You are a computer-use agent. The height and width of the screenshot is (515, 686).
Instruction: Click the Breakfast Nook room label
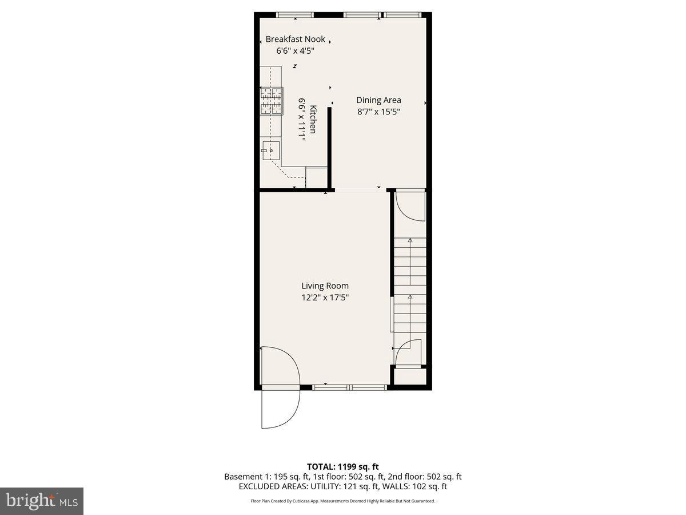click(x=295, y=39)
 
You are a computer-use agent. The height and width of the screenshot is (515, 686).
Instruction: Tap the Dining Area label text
click(x=378, y=100)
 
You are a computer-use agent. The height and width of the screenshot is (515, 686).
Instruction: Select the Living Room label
click(x=325, y=286)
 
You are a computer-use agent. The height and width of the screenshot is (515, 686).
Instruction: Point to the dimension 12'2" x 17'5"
click(x=325, y=298)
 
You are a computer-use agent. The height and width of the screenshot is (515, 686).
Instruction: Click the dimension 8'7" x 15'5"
click(x=378, y=112)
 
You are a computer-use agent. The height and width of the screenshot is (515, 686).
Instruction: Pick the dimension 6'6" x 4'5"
click(x=295, y=51)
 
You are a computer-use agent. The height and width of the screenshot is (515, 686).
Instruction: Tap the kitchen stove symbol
click(x=272, y=101)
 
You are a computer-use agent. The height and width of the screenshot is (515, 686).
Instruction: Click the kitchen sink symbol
click(x=272, y=150)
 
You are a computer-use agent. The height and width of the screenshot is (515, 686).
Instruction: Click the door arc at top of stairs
click(x=410, y=206)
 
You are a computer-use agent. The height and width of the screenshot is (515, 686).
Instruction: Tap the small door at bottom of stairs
click(x=408, y=351)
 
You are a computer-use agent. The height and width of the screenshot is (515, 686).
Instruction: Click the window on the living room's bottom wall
click(x=349, y=387)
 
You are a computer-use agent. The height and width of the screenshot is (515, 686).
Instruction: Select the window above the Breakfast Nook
click(x=295, y=15)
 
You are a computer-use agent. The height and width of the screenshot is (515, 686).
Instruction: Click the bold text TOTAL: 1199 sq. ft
click(x=343, y=467)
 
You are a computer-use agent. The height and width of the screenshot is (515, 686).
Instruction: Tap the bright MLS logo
click(x=42, y=501)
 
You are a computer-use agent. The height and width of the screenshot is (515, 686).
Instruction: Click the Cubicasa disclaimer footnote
click(x=343, y=501)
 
